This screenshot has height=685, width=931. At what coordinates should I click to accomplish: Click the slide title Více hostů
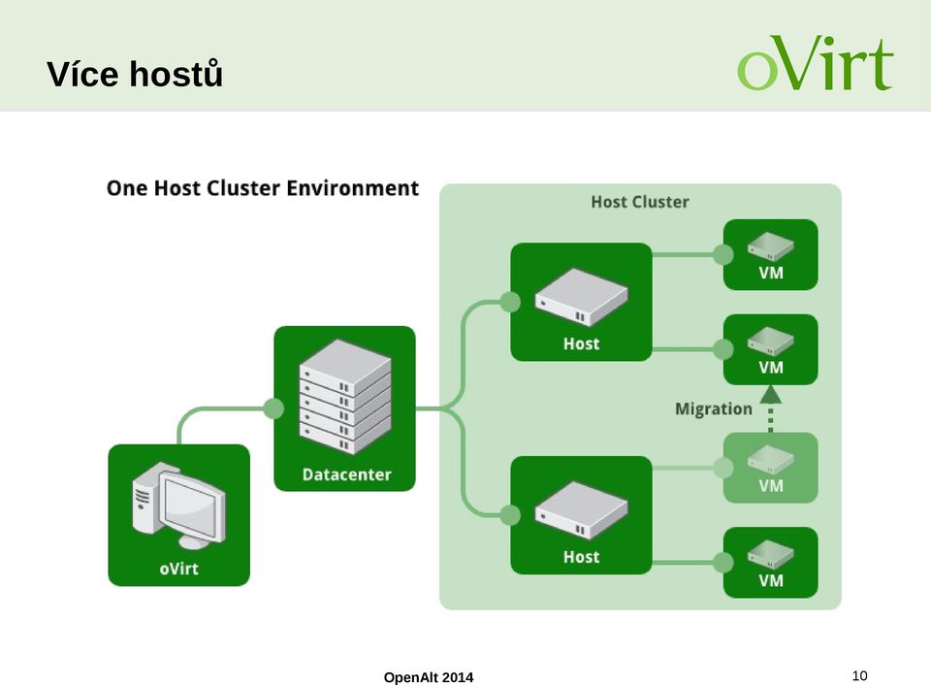point(135,74)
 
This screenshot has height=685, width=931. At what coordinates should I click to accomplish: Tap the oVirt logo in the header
point(816,62)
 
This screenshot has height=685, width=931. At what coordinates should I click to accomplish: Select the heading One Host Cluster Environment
point(263,188)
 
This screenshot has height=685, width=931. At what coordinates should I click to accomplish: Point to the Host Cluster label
point(640,202)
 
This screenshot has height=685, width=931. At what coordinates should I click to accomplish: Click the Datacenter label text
point(347,474)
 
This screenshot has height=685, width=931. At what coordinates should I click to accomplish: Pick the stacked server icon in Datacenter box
point(345,397)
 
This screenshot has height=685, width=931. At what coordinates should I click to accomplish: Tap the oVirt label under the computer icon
point(178,569)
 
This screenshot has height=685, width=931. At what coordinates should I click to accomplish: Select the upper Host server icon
point(581,298)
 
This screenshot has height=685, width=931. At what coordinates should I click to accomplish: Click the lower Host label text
point(581,557)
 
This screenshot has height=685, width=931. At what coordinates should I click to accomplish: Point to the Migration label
point(714,408)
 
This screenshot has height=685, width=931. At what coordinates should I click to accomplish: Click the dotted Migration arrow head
point(771,395)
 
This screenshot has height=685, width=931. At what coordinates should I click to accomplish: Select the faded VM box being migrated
point(771,469)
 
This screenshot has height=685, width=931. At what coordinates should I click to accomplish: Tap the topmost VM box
point(771,255)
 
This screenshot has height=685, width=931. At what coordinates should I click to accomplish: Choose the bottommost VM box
point(771,563)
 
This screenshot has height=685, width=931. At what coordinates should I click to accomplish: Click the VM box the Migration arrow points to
point(771,349)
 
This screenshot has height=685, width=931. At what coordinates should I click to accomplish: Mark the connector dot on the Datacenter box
point(273,408)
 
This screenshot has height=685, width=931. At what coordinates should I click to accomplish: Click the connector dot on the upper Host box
point(510,302)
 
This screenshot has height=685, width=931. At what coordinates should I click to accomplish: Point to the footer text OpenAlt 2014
point(429,677)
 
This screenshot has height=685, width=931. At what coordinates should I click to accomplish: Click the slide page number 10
point(860,675)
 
